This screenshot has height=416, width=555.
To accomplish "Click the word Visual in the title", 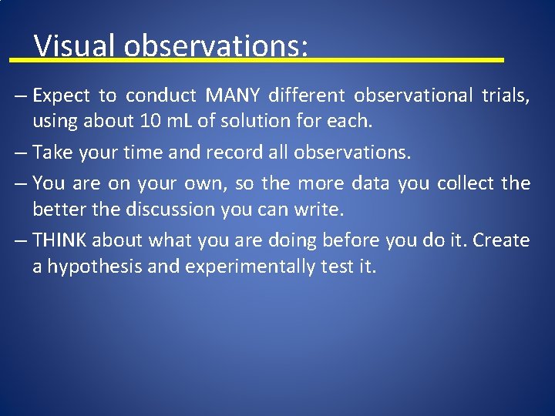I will click(76, 45).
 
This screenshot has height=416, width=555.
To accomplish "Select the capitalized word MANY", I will click(233, 96).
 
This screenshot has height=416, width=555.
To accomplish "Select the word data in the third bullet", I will click(372, 183).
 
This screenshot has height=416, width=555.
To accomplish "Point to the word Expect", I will click(62, 96).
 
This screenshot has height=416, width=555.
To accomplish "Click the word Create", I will click(501, 240).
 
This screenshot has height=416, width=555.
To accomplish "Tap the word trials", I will click(505, 96).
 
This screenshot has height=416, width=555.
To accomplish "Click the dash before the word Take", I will click(20, 153).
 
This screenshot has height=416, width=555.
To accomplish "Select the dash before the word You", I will click(20, 183).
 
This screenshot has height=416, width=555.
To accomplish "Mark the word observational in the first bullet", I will click(413, 96).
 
